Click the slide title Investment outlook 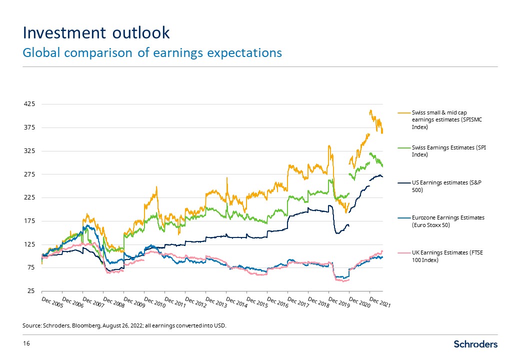(96, 32)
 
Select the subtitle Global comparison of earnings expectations (152, 52)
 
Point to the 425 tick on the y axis (29, 104)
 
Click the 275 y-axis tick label (29, 174)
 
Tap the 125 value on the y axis (29, 244)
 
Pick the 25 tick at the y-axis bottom (31, 291)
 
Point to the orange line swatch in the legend (403, 112)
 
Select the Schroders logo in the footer (475, 344)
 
